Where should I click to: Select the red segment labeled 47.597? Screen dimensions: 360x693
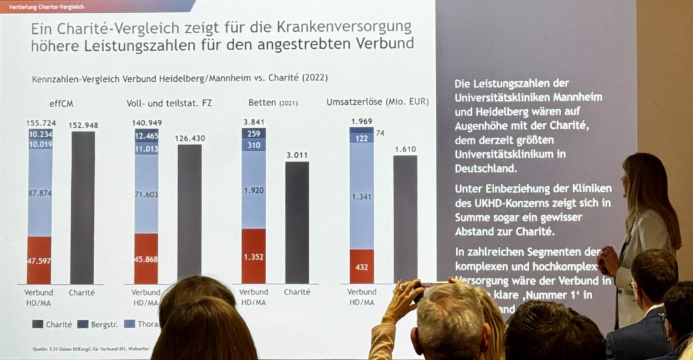point(39,260)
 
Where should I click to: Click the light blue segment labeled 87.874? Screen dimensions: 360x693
point(39,193)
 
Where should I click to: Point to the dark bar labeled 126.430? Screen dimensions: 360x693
point(189,210)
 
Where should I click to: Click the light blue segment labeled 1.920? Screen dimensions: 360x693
point(254,189)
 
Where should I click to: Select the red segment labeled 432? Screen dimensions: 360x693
point(361,266)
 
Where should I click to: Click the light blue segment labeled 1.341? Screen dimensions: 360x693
point(361,197)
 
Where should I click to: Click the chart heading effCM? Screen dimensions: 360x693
point(61,103)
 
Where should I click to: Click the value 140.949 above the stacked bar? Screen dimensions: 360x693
point(147,123)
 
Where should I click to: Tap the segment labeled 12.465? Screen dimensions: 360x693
point(147,136)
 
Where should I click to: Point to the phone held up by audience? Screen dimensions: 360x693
point(433,285)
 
